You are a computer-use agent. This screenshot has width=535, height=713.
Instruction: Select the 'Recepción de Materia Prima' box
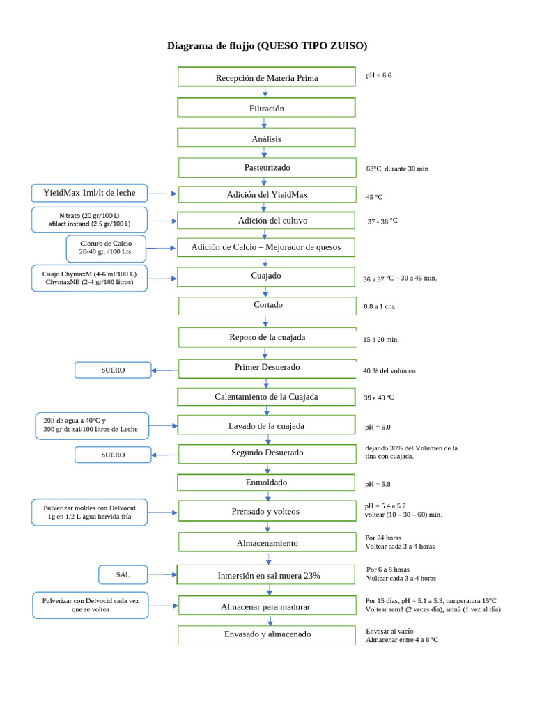pyautogui.click(x=267, y=77)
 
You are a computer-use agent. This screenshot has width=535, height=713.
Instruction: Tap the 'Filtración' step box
pyautogui.click(x=267, y=108)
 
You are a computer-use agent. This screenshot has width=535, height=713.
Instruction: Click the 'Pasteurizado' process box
pyautogui.click(x=267, y=168)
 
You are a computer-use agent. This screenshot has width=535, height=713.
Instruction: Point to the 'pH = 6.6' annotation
pyautogui.click(x=379, y=75)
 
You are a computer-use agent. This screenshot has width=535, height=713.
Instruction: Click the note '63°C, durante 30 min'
pyautogui.click(x=397, y=169)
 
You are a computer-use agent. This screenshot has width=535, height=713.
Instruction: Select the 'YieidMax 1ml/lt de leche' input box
pyautogui.click(x=90, y=193)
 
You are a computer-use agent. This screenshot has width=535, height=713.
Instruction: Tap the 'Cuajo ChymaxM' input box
pyautogui.click(x=90, y=278)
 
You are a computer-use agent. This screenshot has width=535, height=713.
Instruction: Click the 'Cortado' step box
pyautogui.click(x=267, y=305)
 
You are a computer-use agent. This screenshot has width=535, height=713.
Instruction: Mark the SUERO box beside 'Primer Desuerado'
pyautogui.click(x=113, y=370)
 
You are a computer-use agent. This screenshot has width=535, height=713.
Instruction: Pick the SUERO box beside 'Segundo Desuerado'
pyautogui.click(x=113, y=455)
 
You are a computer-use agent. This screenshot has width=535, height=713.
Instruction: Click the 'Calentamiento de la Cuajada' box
pyautogui.click(x=267, y=397)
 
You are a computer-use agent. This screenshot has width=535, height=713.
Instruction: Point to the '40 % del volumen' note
pyautogui.click(x=389, y=370)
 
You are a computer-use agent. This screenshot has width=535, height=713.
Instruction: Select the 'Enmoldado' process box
pyautogui.click(x=267, y=483)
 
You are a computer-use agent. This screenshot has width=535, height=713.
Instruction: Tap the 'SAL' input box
pyautogui.click(x=123, y=574)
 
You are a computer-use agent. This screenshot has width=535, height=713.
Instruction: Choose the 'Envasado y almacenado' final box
pyautogui.click(x=267, y=634)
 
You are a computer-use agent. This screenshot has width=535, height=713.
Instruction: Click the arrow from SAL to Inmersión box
pyautogui.click(x=163, y=574)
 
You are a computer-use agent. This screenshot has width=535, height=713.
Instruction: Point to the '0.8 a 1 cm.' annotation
pyautogui.click(x=380, y=306)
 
